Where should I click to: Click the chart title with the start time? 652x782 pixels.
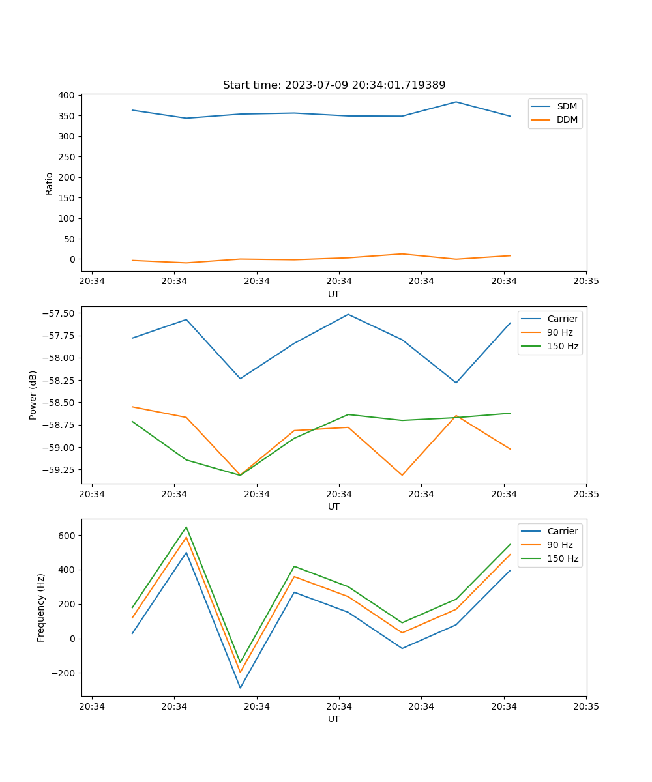point(334,85)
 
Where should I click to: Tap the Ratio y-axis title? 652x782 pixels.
point(49,183)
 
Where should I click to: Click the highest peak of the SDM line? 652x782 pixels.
point(456,102)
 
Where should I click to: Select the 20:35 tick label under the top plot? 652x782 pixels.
point(585,282)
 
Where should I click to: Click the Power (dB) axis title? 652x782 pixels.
point(33,395)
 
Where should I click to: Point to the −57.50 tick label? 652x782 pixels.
point(57,313)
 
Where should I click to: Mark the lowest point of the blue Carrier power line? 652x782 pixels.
point(456,383)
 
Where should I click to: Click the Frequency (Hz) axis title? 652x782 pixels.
point(40,607)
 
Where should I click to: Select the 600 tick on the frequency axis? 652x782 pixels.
point(67,536)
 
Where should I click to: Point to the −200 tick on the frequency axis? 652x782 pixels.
point(64,673)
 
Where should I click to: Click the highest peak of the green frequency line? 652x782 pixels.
point(186,527)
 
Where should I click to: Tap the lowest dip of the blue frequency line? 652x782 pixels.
point(240,688)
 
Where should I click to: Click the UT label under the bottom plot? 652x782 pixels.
point(334,719)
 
